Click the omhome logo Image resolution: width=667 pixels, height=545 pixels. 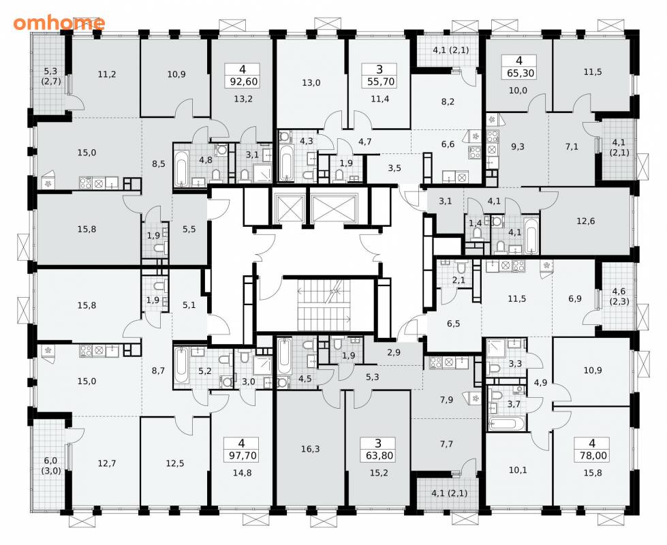click(59, 22)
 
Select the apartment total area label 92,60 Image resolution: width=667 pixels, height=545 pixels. click(243, 81)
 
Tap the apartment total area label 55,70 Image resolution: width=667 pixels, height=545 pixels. click(381, 81)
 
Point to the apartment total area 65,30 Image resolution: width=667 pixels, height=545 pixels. click(521, 73)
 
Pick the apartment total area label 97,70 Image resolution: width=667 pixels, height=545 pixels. click(242, 456)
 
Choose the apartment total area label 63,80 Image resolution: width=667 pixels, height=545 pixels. click(379, 456)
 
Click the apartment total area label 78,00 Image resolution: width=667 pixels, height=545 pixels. click(593, 456)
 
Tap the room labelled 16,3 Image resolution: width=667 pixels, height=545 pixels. click(311, 449)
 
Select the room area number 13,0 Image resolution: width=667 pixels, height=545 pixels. click(311, 82)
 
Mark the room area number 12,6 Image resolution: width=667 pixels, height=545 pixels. click(585, 221)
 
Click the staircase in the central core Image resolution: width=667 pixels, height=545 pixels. click(324, 305)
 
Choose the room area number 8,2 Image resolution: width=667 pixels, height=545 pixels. click(448, 102)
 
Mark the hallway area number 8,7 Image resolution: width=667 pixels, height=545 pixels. click(158, 371)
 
